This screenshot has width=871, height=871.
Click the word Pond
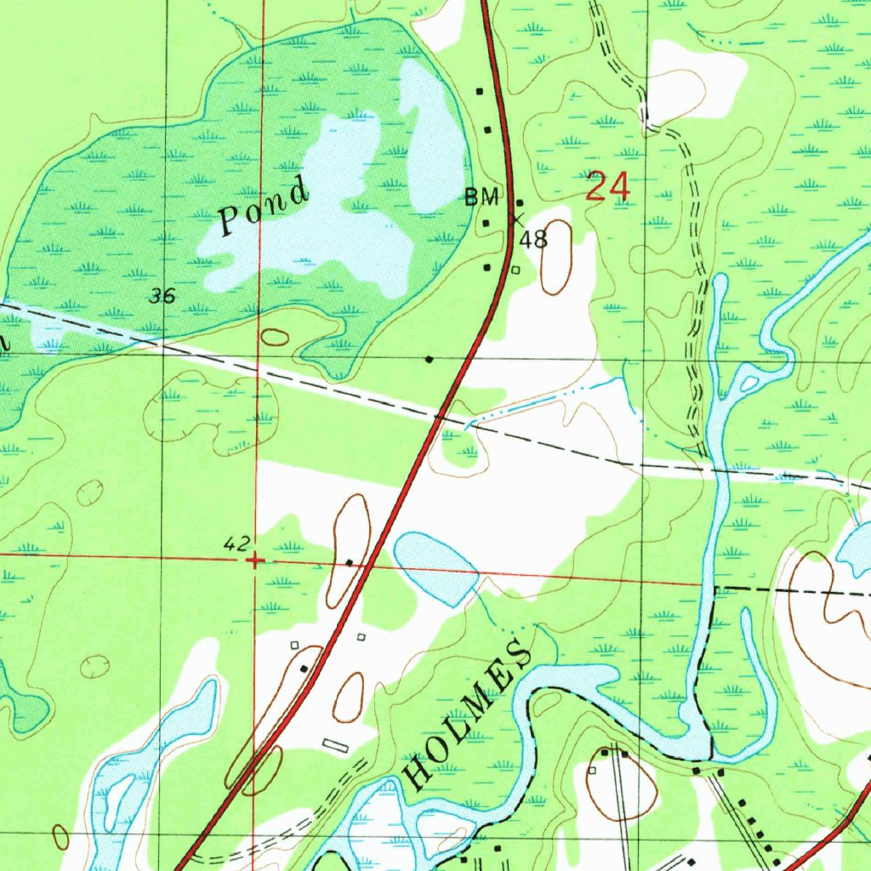[264, 207]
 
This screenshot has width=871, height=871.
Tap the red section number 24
[608, 187]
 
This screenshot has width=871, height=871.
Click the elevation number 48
[534, 240]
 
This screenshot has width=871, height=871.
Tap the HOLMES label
[467, 715]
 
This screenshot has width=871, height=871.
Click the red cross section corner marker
[255, 561]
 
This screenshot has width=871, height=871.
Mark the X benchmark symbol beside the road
[515, 219]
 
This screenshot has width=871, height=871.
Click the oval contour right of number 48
[557, 257]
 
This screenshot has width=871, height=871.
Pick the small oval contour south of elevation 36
[275, 338]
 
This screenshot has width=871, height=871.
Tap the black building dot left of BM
[487, 223]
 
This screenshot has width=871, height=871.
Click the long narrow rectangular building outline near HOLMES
[335, 745]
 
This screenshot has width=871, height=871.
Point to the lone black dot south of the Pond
[430, 360]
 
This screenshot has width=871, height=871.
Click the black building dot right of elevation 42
[350, 562]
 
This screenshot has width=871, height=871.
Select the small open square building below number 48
[515, 270]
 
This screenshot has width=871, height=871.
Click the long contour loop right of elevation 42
[349, 549]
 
